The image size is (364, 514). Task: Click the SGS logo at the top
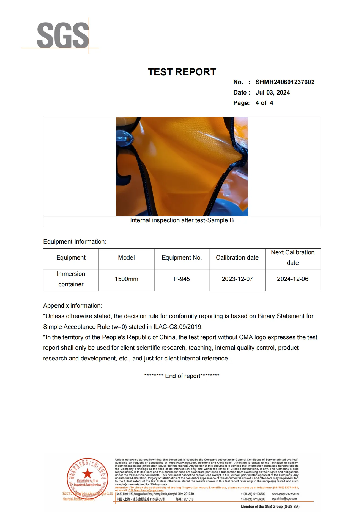point(63,35)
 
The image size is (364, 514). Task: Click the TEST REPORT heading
point(182,72)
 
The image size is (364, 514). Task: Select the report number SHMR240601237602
point(285,82)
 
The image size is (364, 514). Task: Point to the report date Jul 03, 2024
point(272,93)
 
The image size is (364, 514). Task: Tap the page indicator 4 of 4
point(264,103)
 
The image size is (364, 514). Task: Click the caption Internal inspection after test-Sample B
point(182,220)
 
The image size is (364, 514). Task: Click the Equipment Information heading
point(75,242)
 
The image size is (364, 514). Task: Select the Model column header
point(126,258)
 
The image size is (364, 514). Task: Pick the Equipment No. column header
point(182,258)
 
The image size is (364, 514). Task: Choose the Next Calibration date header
point(292,257)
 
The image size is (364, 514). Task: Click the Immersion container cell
point(71,279)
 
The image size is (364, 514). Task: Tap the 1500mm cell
point(126,279)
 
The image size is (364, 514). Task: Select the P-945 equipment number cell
point(182,279)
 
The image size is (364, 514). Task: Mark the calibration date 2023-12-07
point(237,279)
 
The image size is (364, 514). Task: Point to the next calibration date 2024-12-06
point(292,279)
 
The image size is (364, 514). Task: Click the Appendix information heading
point(73,306)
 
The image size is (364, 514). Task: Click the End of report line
point(182,376)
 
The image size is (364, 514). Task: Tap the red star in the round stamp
point(87,474)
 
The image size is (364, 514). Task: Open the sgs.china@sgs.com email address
point(284,499)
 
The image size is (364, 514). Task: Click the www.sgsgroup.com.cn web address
point(286,494)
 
